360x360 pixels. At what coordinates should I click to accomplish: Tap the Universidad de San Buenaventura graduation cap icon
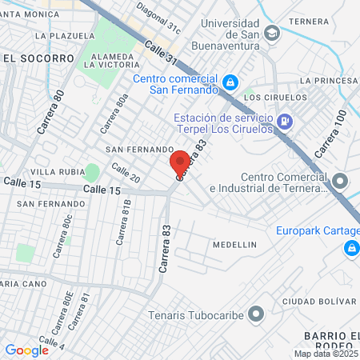(x=272, y=33)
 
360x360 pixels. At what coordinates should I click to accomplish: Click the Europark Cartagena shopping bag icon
(x=350, y=249)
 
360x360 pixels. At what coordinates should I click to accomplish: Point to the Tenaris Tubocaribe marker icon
(x=256, y=314)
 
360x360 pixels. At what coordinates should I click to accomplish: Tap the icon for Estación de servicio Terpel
(x=286, y=122)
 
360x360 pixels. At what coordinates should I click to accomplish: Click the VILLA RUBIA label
(x=54, y=172)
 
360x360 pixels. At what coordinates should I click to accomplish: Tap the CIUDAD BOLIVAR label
(x=324, y=302)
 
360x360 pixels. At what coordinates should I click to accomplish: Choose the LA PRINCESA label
(x=329, y=81)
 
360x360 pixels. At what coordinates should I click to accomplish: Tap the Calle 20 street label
(x=126, y=173)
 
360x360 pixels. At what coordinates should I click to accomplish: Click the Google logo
(x=26, y=350)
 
